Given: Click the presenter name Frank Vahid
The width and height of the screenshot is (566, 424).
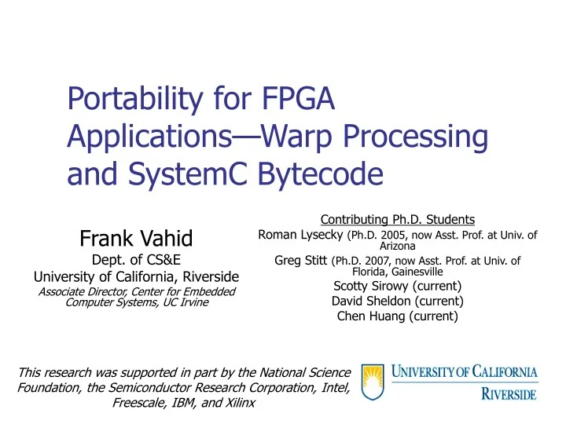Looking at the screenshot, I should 138,237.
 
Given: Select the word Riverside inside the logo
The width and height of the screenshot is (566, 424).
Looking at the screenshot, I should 509,392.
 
